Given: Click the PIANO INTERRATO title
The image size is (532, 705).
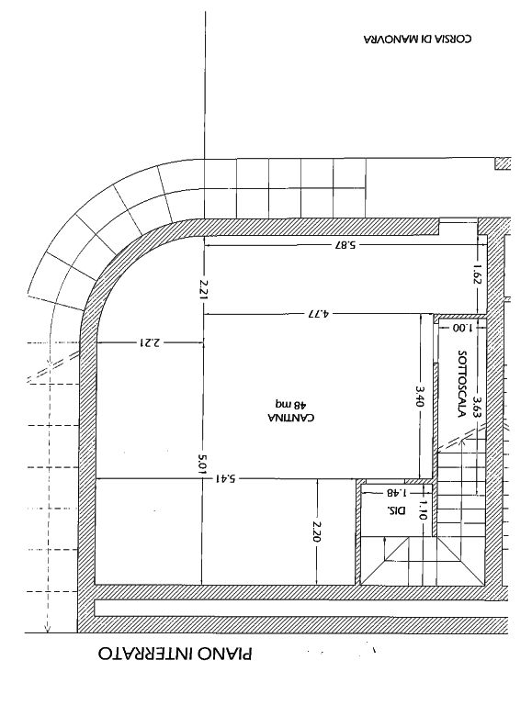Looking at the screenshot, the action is pos(175,654).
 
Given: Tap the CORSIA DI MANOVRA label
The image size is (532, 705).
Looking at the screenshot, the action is pos(417,39).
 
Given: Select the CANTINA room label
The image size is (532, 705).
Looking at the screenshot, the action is pos(290,418).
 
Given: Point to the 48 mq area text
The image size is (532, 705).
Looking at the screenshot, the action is pos(290,403).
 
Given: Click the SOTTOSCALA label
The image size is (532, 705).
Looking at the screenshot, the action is pos(460,384).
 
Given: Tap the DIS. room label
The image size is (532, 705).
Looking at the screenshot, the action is pos(396,510).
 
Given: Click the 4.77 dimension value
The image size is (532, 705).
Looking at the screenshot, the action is pos(318,313).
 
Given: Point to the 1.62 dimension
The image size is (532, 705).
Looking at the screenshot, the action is pos(477,274).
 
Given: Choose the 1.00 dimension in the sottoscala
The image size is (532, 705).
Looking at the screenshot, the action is pos(462,328).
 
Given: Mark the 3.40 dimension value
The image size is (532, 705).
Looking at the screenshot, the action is pos(420,397).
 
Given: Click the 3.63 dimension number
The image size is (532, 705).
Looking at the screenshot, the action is pos(477,408).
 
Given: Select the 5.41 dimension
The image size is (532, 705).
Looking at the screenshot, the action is pos(225,479).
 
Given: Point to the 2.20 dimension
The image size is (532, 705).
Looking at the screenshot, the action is pos(316,532).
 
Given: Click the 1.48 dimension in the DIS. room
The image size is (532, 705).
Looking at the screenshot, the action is pos(397,492).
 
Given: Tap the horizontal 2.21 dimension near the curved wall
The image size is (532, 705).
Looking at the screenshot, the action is pos(150,343).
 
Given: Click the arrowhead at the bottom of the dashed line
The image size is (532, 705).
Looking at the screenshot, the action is pos(47,629).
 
